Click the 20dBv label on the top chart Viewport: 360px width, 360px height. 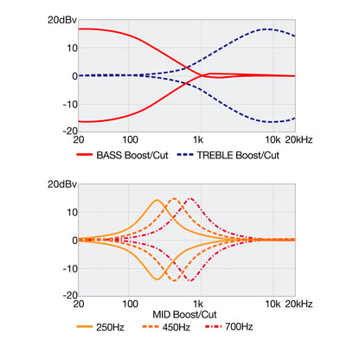click(62, 20)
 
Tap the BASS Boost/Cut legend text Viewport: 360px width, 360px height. click(132, 155)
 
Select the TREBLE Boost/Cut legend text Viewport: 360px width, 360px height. click(238, 155)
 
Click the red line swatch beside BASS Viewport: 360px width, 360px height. click(84, 155)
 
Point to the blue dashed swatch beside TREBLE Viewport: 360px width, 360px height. click(185, 155)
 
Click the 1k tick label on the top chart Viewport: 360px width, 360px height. click(198, 140)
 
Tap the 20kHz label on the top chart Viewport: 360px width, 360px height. click(299, 140)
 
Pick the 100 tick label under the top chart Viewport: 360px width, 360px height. click(130, 140)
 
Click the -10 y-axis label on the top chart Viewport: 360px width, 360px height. click(70, 105)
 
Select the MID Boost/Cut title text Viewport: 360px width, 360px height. click(184, 314)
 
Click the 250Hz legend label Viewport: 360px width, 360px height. click(110, 327)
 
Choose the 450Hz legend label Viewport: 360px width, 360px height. click(177, 327)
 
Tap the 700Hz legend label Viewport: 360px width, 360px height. click(239, 327)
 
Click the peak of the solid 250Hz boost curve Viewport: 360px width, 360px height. click(157, 200)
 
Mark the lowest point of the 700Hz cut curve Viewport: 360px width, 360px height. click(190, 280)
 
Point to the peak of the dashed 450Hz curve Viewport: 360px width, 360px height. click(175, 198)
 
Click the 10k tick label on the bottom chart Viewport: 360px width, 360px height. click(273, 304)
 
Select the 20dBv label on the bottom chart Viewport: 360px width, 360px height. click(62, 184)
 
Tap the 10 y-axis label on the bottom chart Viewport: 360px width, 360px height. click(73, 213)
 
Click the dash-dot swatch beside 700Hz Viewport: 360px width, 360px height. click(213, 327)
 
